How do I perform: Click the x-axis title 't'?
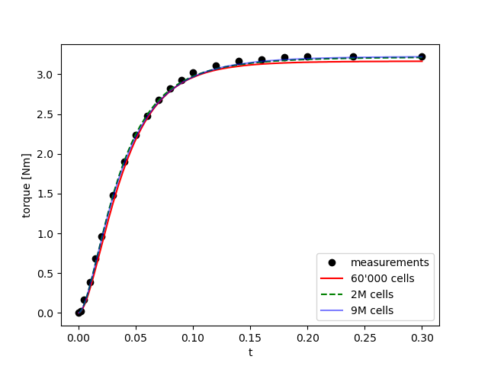point(250,352)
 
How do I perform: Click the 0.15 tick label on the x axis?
point(250,338)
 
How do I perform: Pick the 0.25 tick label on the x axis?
point(364,338)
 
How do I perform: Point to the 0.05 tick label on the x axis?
point(136,338)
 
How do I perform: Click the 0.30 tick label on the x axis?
point(422,338)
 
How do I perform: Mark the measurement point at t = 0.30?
point(422,57)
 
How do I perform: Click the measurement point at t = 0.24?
point(353,57)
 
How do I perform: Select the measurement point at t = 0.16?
point(262,59)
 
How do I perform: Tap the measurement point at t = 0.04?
point(124,162)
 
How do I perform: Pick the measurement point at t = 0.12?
point(216,66)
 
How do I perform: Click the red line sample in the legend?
point(333,278)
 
